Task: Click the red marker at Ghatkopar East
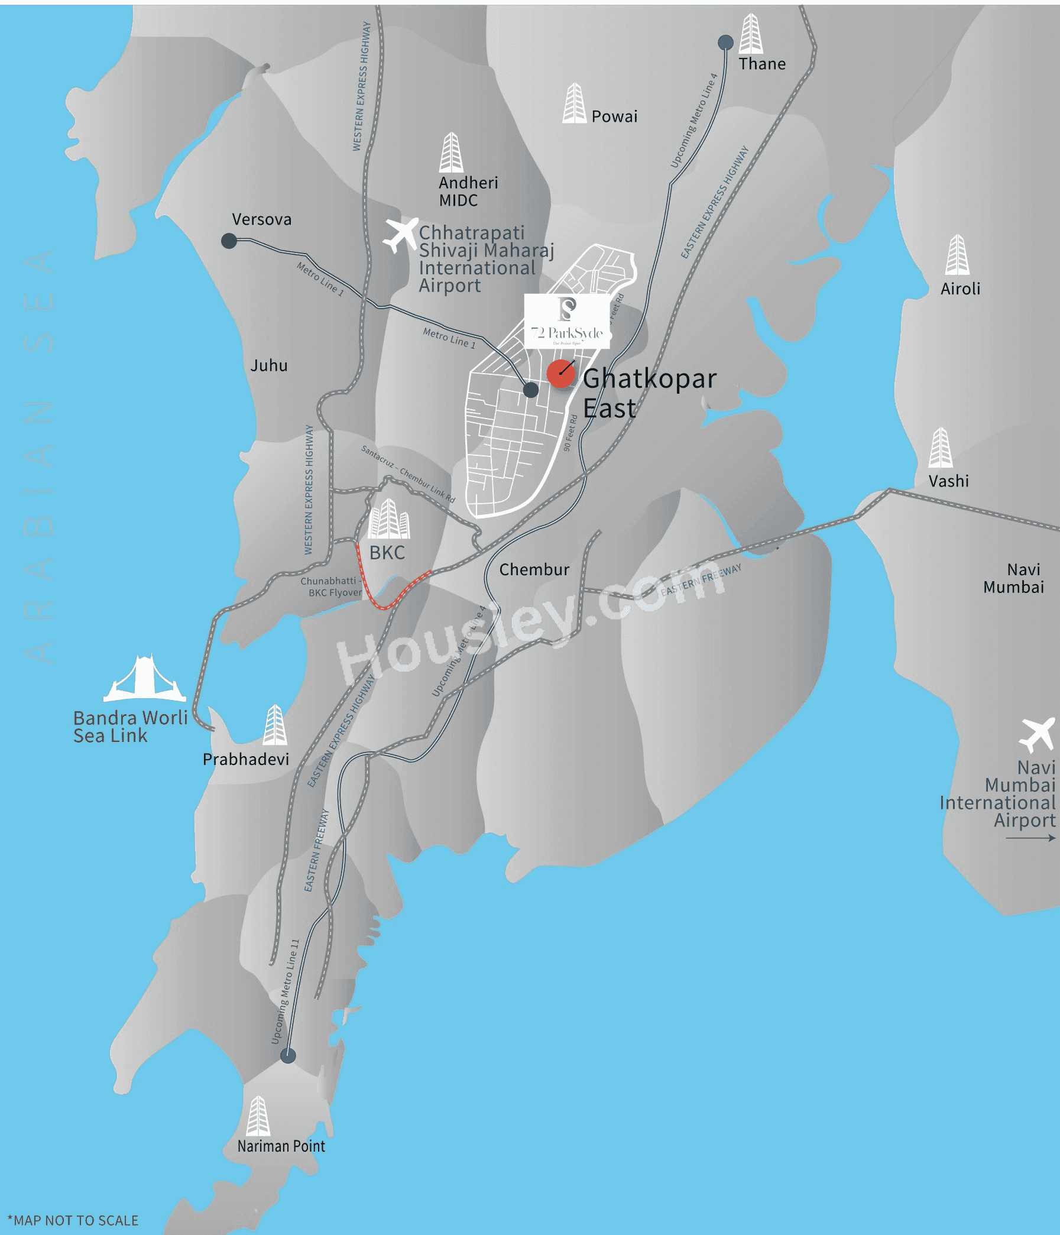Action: [x=561, y=374]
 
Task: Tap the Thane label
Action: [x=762, y=64]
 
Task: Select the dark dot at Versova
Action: [x=229, y=241]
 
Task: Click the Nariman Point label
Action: [x=281, y=1146]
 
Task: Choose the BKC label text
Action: [x=387, y=553]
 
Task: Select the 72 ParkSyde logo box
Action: [x=567, y=320]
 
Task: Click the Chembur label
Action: [x=534, y=570]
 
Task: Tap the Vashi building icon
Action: [x=940, y=448]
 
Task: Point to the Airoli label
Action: [x=960, y=289]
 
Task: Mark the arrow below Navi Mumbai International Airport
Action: [x=1030, y=838]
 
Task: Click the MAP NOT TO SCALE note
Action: [x=73, y=1221]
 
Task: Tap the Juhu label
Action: [x=269, y=365]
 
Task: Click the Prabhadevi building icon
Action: [x=275, y=725]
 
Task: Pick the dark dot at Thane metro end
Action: [x=725, y=43]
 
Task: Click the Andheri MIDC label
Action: [x=468, y=192]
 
